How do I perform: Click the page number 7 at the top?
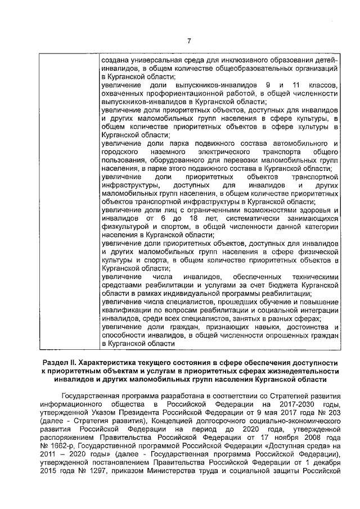(x=188, y=40)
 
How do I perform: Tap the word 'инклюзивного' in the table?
(x=233, y=60)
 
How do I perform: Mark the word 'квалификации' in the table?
(x=125, y=309)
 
